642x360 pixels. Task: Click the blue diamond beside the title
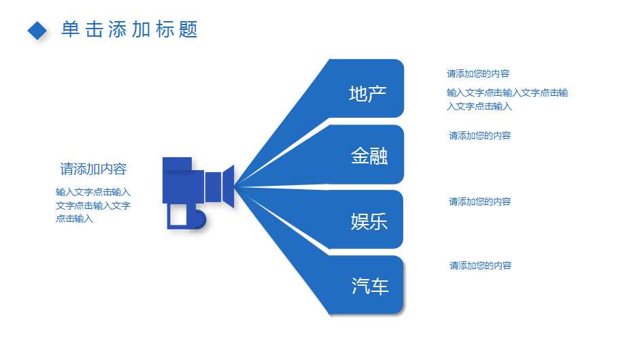(x=37, y=31)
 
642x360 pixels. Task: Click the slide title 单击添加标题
(x=130, y=29)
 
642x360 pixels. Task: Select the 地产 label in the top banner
(x=368, y=94)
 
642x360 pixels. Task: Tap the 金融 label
(x=369, y=156)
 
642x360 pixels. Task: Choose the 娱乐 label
(x=369, y=222)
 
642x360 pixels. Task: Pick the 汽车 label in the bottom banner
(x=370, y=286)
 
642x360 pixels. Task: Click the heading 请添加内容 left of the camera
(x=93, y=169)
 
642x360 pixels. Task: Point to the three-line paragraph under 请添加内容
(x=93, y=206)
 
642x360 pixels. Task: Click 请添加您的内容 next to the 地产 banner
(x=478, y=73)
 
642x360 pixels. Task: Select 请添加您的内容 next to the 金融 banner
(x=480, y=135)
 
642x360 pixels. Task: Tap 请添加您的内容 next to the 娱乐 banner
(x=480, y=201)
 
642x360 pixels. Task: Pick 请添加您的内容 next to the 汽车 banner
(x=480, y=266)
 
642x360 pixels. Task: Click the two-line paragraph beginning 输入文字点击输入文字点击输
(x=507, y=99)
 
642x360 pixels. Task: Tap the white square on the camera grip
(x=178, y=216)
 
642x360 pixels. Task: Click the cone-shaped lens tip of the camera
(x=228, y=186)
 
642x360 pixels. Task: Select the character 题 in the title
(x=188, y=29)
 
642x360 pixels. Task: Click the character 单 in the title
(x=71, y=29)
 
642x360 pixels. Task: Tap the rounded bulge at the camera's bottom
(x=199, y=218)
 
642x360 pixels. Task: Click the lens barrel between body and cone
(x=213, y=186)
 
